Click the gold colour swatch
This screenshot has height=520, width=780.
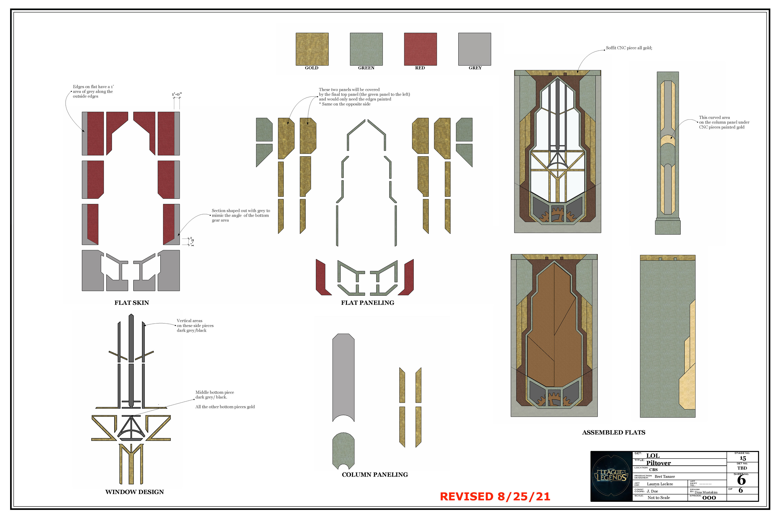[x=312, y=49]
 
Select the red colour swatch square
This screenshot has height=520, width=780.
[x=420, y=49]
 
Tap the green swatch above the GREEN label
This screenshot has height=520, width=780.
[x=366, y=49]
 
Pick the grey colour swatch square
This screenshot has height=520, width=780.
[x=474, y=49]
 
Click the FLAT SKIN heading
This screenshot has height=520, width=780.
[x=132, y=303]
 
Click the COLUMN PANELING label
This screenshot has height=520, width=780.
[x=375, y=474]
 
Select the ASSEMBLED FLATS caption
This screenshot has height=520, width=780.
[x=613, y=432]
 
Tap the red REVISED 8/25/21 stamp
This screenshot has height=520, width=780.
[x=495, y=496]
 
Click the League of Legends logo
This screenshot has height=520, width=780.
[x=611, y=476]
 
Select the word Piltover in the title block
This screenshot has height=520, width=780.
[x=658, y=463]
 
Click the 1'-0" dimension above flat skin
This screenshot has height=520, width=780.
[x=177, y=94]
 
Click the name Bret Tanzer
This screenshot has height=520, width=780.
[x=665, y=477]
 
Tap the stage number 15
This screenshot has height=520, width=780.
[x=743, y=458]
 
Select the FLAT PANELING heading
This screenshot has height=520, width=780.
[x=367, y=303]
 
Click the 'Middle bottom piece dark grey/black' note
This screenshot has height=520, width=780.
[x=214, y=395]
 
